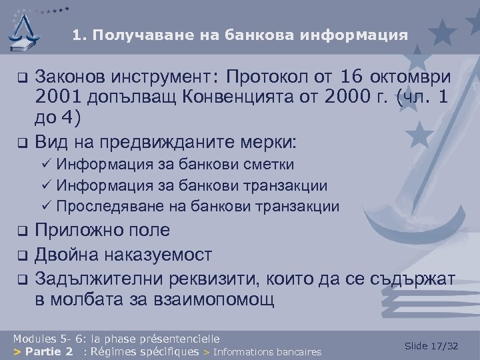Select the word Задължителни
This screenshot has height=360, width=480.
[x=91, y=277]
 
